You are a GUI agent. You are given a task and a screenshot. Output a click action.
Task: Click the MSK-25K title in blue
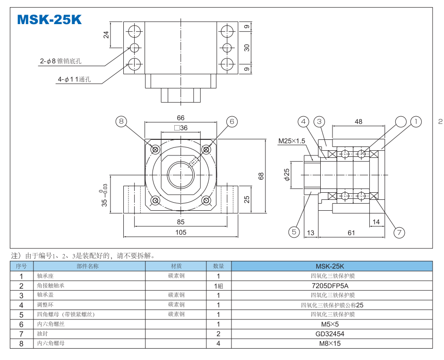coord(50,19)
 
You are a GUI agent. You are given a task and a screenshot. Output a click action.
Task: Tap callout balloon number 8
coord(121,121)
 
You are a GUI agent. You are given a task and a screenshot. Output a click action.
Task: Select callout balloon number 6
coord(231,121)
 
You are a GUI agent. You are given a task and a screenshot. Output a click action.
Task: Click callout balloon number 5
coord(294,231)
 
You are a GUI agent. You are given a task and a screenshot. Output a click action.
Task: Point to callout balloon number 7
coord(399,232)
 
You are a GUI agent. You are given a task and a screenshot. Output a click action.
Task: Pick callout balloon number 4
coord(303,121)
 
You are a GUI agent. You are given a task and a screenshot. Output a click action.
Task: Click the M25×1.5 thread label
coord(291,141)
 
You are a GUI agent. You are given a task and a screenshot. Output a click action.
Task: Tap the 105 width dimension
coord(180,232)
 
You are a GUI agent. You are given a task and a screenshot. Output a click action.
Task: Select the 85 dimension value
coord(180,221)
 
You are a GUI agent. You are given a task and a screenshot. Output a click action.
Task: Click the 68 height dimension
coord(261,176)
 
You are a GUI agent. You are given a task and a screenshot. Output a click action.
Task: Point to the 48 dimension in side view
coord(359,121)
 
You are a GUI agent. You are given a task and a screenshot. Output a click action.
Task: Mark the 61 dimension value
coord(351,232)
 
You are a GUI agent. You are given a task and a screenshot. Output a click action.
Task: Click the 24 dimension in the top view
coord(106,34)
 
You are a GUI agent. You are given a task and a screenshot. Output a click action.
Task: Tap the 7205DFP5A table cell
coord(332,285)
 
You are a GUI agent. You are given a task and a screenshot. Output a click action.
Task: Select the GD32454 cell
coord(332,334)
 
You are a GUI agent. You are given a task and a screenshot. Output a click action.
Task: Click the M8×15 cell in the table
coord(332,343)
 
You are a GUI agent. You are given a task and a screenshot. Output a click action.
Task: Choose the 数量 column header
coord(219,266)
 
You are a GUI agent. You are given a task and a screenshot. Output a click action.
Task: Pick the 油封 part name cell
coord(43,334)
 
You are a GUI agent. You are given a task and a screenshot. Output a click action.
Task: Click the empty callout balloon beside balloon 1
coord(400,121)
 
